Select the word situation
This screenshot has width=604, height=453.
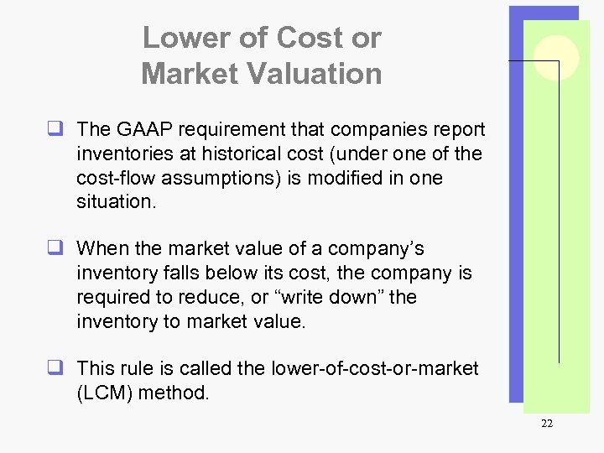pos(116,202)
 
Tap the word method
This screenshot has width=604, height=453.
pos(175,392)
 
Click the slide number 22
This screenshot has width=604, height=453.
pos(547,424)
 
